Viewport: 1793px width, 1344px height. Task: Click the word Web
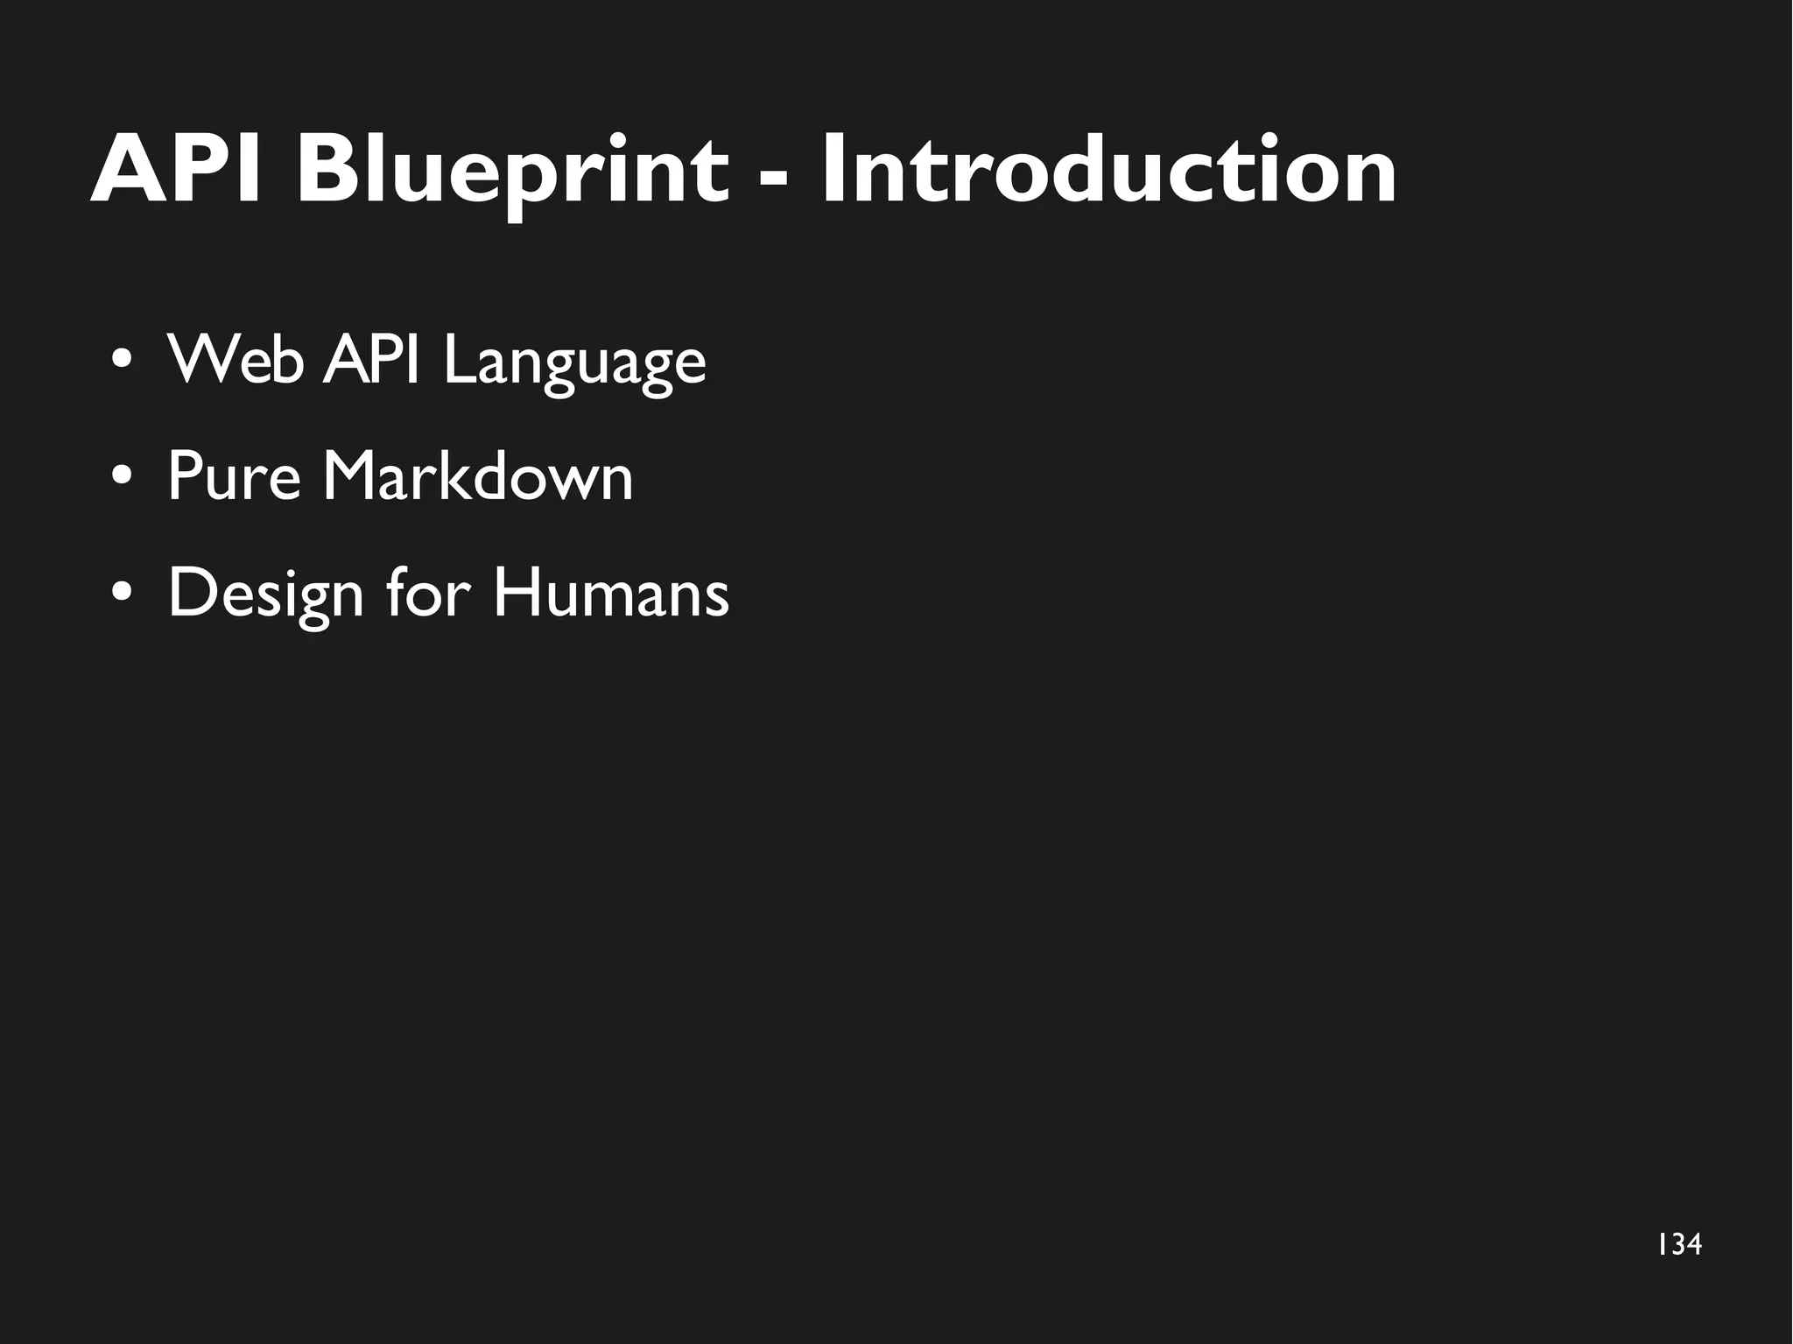coord(235,359)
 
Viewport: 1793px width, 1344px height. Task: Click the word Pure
coord(234,477)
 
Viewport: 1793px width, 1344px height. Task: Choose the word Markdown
coord(477,476)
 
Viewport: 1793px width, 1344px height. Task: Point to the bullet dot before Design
coord(123,593)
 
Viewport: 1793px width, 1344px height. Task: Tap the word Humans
coord(610,593)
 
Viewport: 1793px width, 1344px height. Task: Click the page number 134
coord(1679,1244)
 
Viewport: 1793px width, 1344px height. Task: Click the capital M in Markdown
coord(351,476)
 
